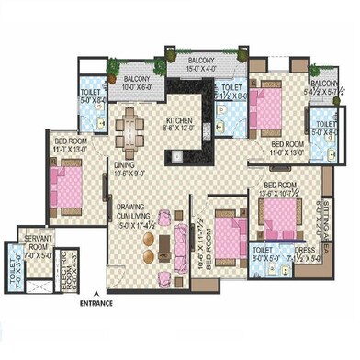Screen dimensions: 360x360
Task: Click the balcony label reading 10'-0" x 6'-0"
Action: [x=138, y=84]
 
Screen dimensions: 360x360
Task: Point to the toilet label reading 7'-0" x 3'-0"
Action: [x=12, y=271]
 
